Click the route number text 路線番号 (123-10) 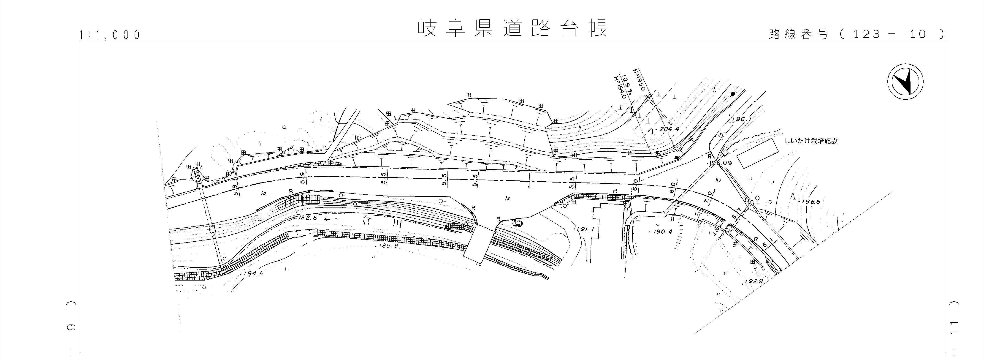coord(856,34)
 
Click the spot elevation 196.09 coord(720,163)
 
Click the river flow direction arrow coord(331,219)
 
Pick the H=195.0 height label coord(639,79)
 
